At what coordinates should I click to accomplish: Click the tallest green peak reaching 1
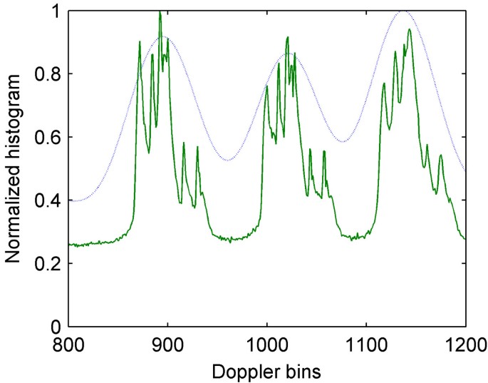coord(160,12)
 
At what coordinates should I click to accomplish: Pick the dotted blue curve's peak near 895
coord(163,37)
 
